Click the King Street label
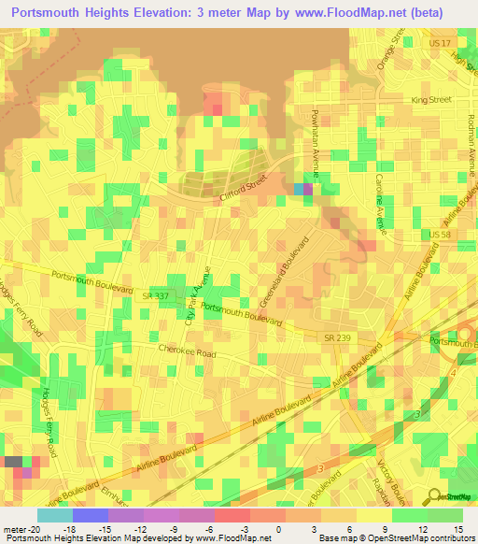tap(432, 99)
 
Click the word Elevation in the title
tap(179, 13)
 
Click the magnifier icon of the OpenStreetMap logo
tap(434, 494)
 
